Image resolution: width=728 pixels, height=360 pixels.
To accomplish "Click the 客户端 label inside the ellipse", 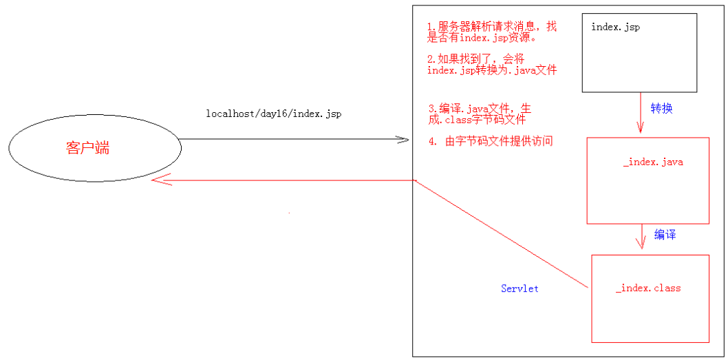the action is coord(87,148).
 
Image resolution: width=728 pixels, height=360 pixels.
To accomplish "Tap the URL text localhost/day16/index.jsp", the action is coord(274,114).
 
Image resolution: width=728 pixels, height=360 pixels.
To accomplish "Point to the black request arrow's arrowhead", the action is coord(405,140).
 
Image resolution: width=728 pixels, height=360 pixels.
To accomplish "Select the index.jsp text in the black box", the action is coord(616,27).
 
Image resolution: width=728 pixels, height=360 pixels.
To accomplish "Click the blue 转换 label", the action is coord(661,108).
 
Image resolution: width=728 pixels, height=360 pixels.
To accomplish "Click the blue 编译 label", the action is coord(665,235).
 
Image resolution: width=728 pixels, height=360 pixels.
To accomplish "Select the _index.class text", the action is coord(648,288).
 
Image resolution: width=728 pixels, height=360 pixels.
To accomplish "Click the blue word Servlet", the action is coord(520,288).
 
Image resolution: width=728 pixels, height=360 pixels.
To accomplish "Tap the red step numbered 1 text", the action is coord(491,27).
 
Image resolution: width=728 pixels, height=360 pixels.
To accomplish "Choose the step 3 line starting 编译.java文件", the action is coord(480,109).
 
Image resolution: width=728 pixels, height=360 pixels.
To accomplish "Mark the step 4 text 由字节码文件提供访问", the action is coord(491,141).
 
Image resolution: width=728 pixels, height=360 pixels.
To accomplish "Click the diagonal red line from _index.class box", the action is coord(502,234).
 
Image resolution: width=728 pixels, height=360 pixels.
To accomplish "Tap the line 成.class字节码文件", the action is coord(476,120).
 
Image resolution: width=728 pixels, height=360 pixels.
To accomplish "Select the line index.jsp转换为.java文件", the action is coord(491,70).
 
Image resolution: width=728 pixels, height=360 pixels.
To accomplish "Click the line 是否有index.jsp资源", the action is coord(481,37).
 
